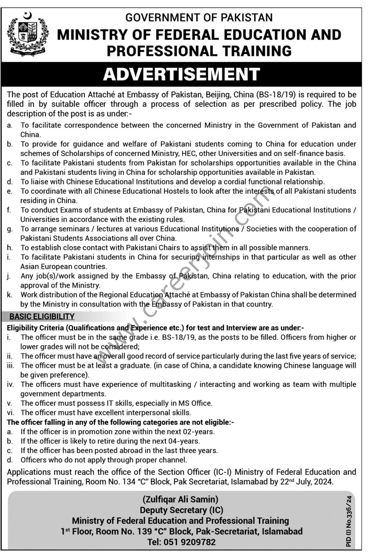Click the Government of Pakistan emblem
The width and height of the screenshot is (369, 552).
coord(28,34)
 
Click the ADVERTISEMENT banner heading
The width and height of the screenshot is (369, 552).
coord(181,74)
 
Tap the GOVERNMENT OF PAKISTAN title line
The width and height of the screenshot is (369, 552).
coord(199,17)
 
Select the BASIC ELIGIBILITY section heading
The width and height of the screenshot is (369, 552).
coord(42,317)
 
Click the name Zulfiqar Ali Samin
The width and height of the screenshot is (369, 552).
coord(181,499)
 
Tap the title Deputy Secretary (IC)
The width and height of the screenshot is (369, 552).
coord(181,510)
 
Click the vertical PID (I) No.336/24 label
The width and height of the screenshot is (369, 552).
coord(349,521)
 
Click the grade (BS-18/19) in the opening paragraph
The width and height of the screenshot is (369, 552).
coord(276,95)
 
